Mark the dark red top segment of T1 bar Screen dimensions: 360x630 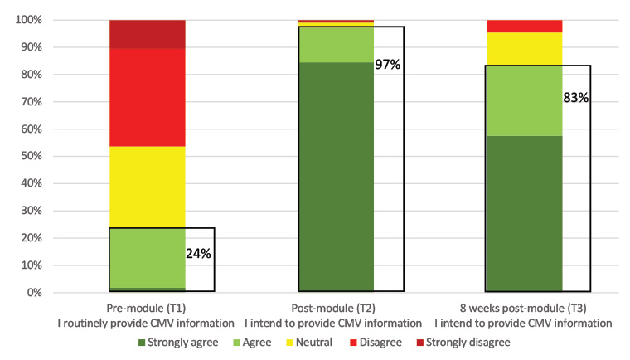148,34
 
